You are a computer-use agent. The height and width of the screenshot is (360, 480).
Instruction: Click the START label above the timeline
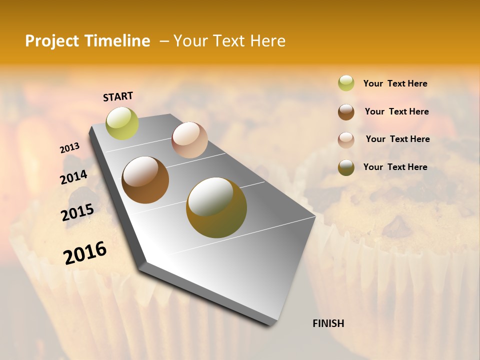click(x=118, y=96)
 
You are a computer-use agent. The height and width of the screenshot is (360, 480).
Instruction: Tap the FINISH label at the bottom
click(x=328, y=323)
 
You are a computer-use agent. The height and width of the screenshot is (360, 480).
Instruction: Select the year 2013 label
click(x=69, y=148)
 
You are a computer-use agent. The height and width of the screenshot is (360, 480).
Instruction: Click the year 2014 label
click(x=73, y=177)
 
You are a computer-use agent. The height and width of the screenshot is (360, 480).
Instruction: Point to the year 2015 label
click(x=77, y=212)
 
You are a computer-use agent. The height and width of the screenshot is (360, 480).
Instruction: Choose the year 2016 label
click(x=85, y=253)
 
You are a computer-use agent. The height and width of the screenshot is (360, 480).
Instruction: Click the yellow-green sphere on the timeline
click(x=122, y=123)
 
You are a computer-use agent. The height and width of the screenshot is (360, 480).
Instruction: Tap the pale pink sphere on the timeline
click(x=189, y=140)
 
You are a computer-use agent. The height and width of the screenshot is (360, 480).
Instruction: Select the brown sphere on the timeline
click(x=145, y=180)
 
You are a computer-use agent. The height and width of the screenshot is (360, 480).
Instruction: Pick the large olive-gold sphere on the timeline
click(x=216, y=207)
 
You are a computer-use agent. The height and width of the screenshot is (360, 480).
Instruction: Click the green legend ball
click(x=346, y=83)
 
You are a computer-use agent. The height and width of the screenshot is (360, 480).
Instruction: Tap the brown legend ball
click(x=346, y=111)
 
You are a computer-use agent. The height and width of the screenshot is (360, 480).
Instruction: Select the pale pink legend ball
click(x=346, y=139)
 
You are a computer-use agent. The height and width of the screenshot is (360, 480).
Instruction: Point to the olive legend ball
click(x=346, y=167)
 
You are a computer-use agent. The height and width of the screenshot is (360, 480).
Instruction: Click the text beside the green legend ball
click(x=395, y=83)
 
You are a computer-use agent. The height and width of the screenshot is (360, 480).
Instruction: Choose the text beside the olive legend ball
click(x=395, y=167)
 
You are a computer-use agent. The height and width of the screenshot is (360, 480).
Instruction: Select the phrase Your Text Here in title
click(x=229, y=41)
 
